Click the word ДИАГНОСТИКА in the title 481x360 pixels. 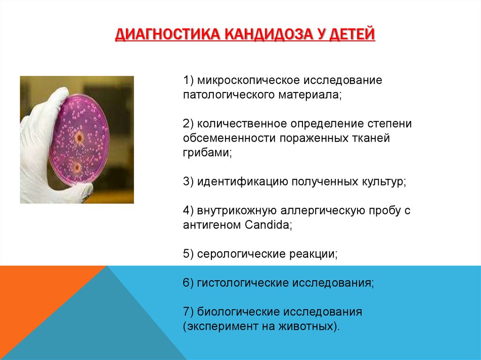(168, 34)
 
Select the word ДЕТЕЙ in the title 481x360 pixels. (352, 34)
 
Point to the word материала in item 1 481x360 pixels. (310, 95)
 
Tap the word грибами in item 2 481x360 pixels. (207, 153)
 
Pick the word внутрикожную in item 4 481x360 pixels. (237, 211)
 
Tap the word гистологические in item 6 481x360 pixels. (242, 283)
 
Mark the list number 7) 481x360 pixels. (188, 312)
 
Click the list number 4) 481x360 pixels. (188, 211)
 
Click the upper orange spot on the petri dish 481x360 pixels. (79, 138)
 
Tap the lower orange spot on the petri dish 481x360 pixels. (77, 168)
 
